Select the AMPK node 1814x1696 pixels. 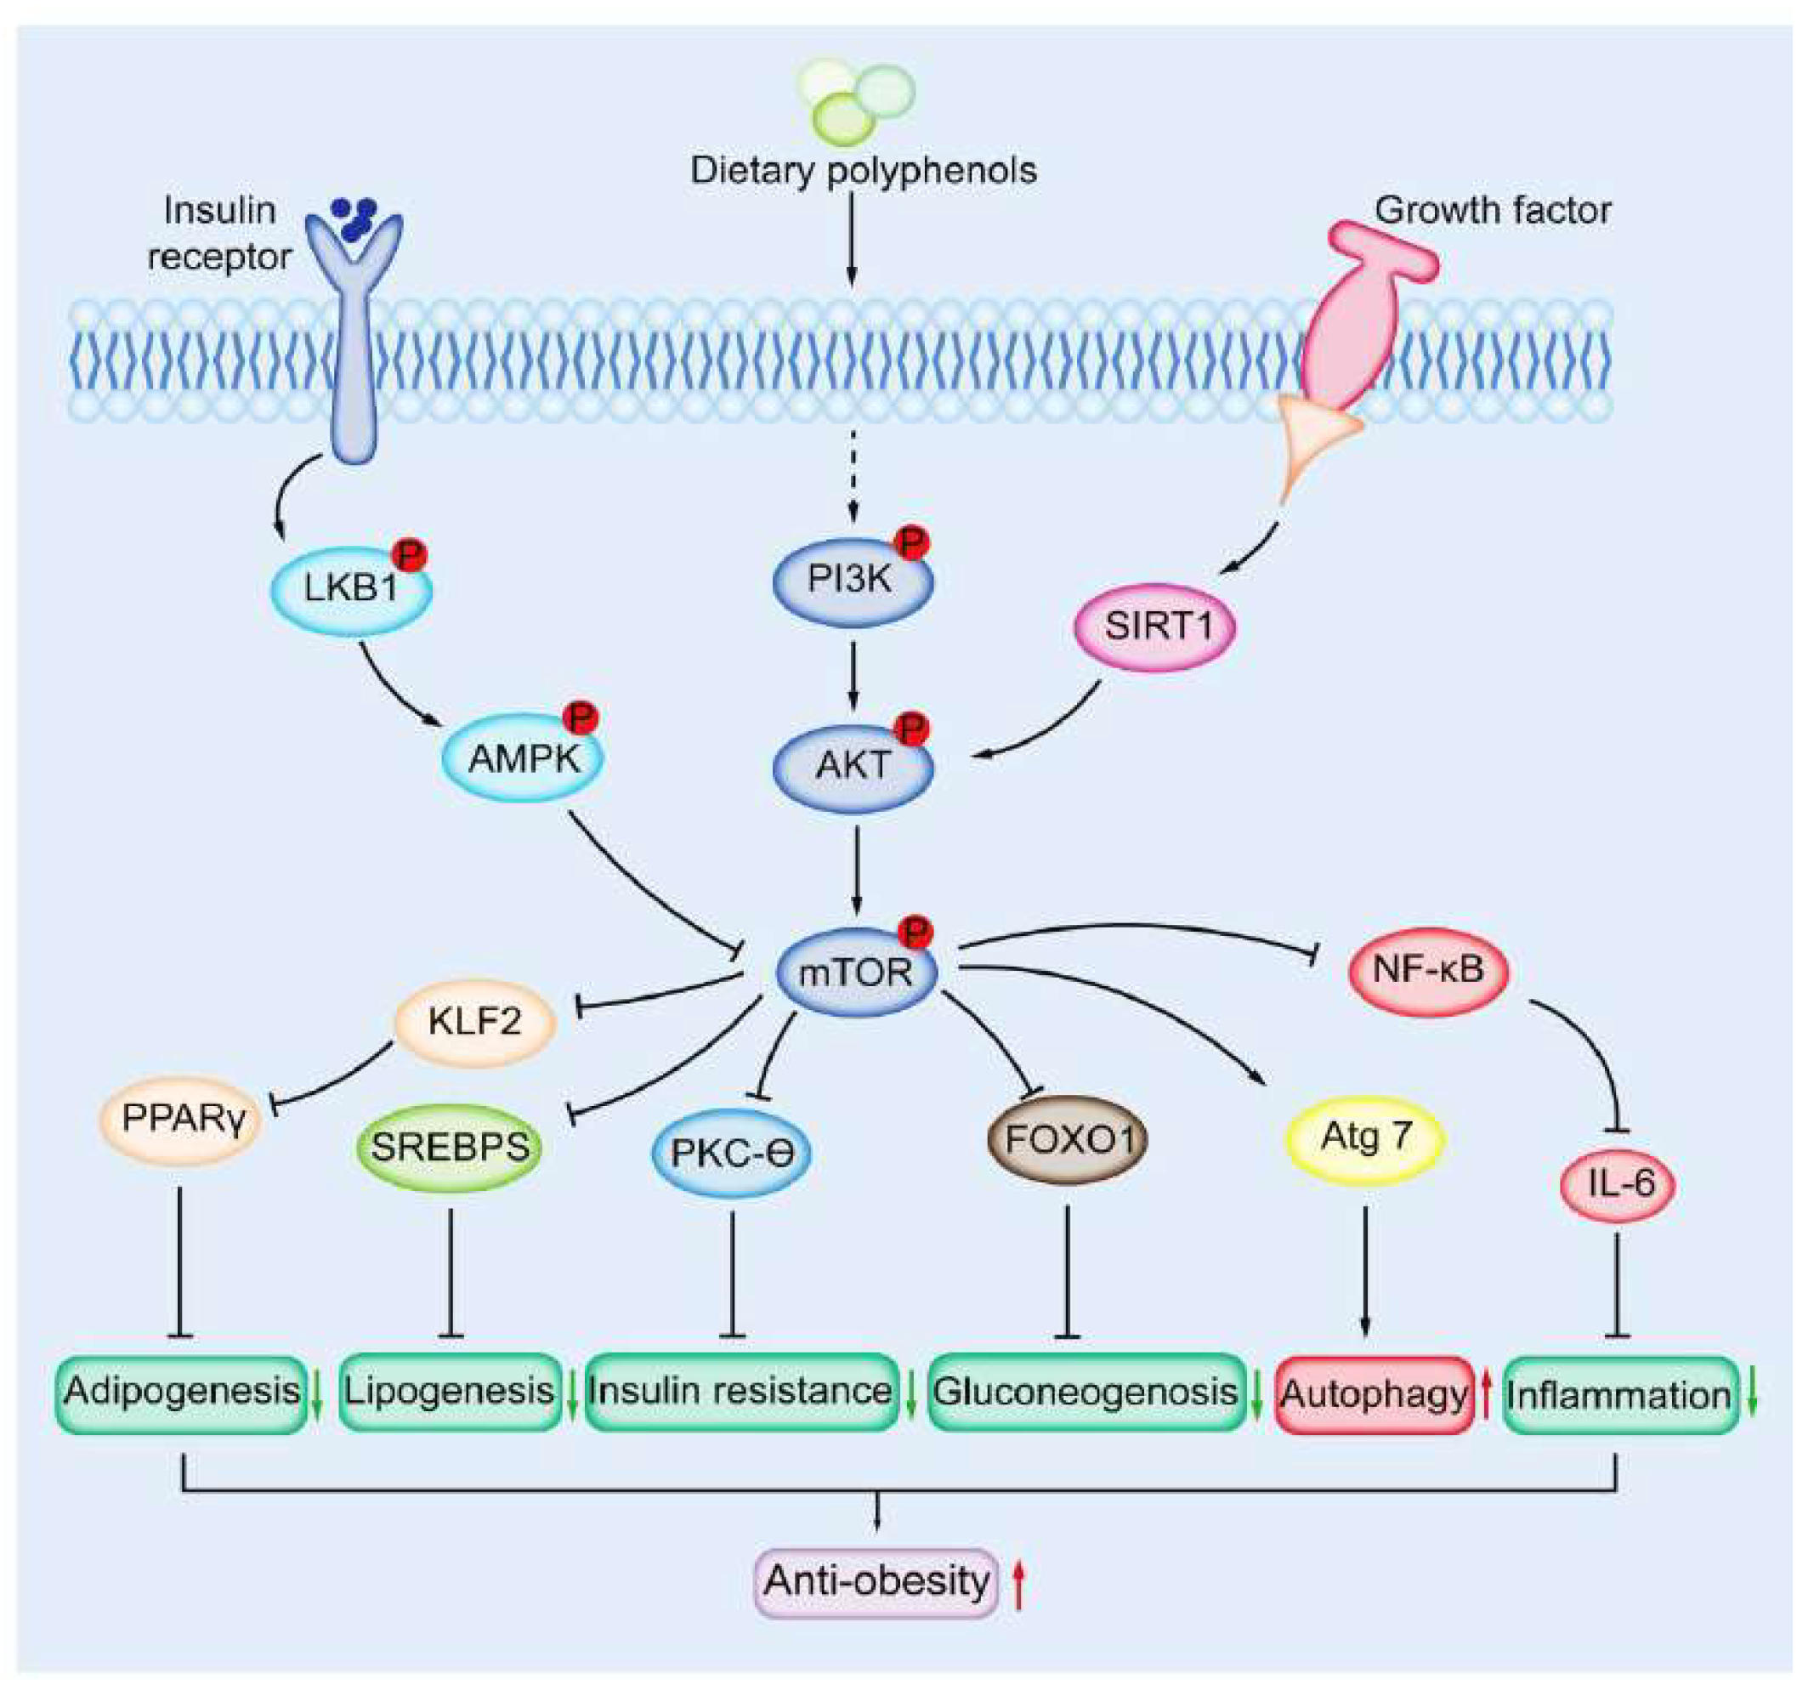[x=523, y=758]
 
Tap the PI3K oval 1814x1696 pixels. [x=852, y=579]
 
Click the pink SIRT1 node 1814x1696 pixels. [x=1156, y=627]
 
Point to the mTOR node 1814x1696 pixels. [x=856, y=972]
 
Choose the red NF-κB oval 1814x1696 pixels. [x=1428, y=969]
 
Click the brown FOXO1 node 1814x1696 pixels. [x=1068, y=1138]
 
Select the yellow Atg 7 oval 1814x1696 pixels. [x=1365, y=1137]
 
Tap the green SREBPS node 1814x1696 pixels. [x=450, y=1147]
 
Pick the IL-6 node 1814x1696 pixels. [x=1618, y=1183]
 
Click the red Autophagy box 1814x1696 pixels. [x=1375, y=1393]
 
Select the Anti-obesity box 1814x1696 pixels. [x=876, y=1580]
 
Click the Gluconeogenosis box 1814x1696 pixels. [x=1086, y=1392]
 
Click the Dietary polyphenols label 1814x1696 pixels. [x=862, y=171]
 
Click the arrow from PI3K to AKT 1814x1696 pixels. [x=853, y=674]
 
